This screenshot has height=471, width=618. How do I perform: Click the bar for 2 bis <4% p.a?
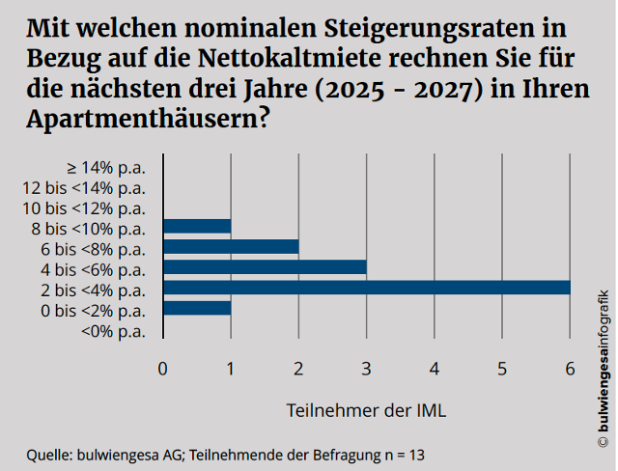pyautogui.click(x=367, y=288)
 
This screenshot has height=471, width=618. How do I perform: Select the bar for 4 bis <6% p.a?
pyautogui.click(x=265, y=267)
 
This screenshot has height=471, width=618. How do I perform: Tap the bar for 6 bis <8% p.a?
pyautogui.click(x=231, y=246)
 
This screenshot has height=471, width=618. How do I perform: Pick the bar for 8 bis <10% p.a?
pyautogui.click(x=197, y=226)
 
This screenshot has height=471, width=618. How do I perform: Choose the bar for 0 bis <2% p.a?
pyautogui.click(x=197, y=308)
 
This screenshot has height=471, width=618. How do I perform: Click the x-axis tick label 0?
pyautogui.click(x=163, y=368)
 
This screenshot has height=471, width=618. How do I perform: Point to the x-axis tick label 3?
pyautogui.click(x=367, y=368)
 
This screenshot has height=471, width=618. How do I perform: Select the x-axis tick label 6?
pyautogui.click(x=570, y=368)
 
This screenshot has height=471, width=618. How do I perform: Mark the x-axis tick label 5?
pyautogui.click(x=502, y=368)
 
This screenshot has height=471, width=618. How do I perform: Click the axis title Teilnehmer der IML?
pyautogui.click(x=366, y=410)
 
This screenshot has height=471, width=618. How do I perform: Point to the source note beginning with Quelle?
pyautogui.click(x=226, y=453)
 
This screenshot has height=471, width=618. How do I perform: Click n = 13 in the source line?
pyautogui.click(x=406, y=453)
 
